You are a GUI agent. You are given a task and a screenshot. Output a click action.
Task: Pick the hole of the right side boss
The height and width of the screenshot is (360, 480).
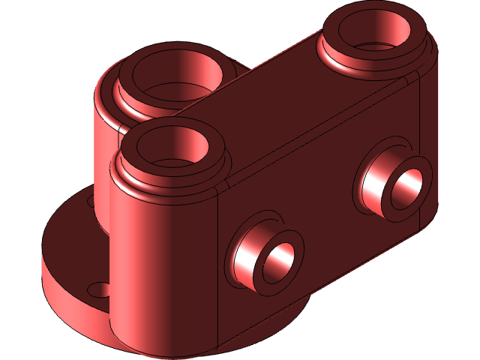(x=408, y=190)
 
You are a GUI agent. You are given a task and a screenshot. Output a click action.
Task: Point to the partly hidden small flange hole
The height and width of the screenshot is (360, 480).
(x=92, y=201)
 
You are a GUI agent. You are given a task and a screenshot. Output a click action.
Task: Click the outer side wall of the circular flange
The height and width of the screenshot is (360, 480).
(x=67, y=307)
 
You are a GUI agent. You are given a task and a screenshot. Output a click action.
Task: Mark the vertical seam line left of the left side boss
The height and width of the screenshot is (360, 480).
(x=217, y=262)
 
